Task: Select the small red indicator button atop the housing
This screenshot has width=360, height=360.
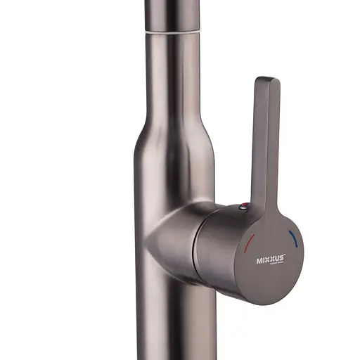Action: click(x=243, y=206)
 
